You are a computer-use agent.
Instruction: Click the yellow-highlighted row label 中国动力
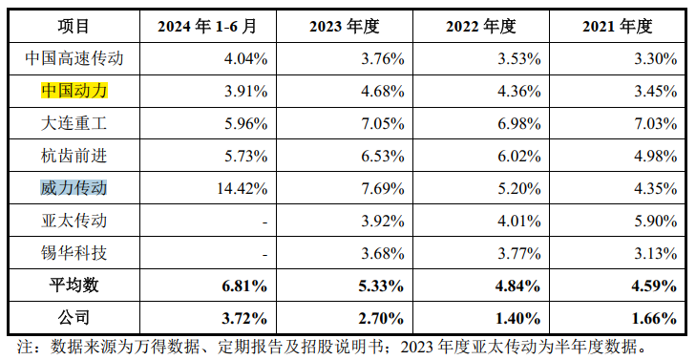coord(74,92)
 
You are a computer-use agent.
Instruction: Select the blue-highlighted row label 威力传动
coord(74,188)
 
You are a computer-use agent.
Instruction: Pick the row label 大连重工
coord(74,123)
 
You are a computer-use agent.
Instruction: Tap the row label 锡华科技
coord(74,253)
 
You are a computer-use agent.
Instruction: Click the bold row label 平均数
coord(74,285)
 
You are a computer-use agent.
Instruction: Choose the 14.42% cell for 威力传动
coord(244,188)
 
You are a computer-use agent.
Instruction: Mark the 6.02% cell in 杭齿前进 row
coord(520,156)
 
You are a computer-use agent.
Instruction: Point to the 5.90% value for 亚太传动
coord(657,221)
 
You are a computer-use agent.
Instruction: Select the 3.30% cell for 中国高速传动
coord(657,59)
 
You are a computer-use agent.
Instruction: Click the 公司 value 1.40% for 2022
coord(520,317)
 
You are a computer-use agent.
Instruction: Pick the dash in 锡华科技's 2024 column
coord(263,253)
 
